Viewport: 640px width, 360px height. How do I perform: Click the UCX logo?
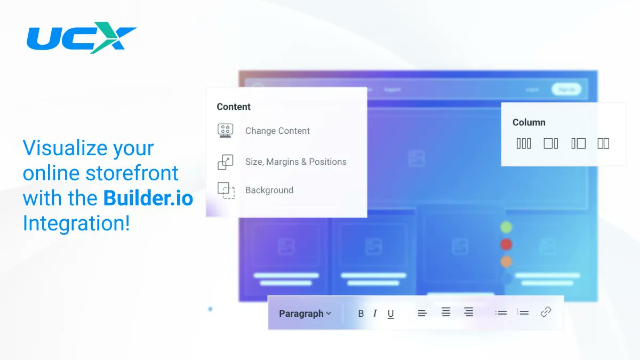tap(81, 38)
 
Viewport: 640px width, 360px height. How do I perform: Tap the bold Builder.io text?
tap(148, 198)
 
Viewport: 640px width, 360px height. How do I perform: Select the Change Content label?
tap(277, 131)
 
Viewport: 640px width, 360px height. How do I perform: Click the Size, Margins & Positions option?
tap(295, 162)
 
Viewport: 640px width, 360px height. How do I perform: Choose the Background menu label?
tap(269, 190)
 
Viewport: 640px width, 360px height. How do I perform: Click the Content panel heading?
tap(234, 107)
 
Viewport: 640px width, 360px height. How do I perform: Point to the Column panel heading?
tap(529, 122)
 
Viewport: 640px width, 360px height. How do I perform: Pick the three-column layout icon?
tap(524, 143)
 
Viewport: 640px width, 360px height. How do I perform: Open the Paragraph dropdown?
tap(305, 314)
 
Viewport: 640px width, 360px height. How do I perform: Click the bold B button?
tap(361, 314)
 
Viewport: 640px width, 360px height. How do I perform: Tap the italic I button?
tap(375, 314)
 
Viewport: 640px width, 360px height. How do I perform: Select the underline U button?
tap(390, 314)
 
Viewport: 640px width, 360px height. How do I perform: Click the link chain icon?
tap(546, 313)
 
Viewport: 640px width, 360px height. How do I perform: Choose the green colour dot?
tap(506, 227)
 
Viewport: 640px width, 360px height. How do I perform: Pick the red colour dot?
tap(506, 244)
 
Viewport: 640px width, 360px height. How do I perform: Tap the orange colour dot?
tap(506, 261)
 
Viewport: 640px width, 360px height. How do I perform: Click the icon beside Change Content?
tap(225, 131)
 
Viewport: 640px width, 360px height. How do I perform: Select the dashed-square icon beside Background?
tap(226, 190)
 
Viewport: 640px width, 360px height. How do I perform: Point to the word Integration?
tap(76, 223)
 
